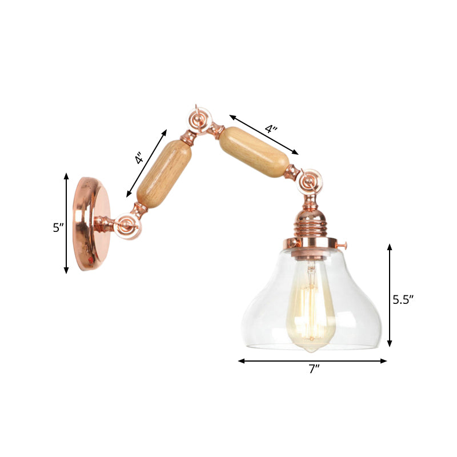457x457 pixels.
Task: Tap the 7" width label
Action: point(312,370)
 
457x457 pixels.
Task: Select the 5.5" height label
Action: point(402,298)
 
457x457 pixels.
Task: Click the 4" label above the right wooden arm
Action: point(271,130)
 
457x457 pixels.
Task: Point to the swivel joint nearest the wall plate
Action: point(126,226)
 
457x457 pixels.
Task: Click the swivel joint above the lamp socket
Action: point(311,181)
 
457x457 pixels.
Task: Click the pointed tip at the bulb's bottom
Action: point(311,348)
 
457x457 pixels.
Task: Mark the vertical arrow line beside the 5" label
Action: point(67,223)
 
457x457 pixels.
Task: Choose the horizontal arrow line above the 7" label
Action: point(312,361)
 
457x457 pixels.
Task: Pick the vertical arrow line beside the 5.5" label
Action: point(390,295)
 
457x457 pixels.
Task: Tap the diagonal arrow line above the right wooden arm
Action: point(264,134)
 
